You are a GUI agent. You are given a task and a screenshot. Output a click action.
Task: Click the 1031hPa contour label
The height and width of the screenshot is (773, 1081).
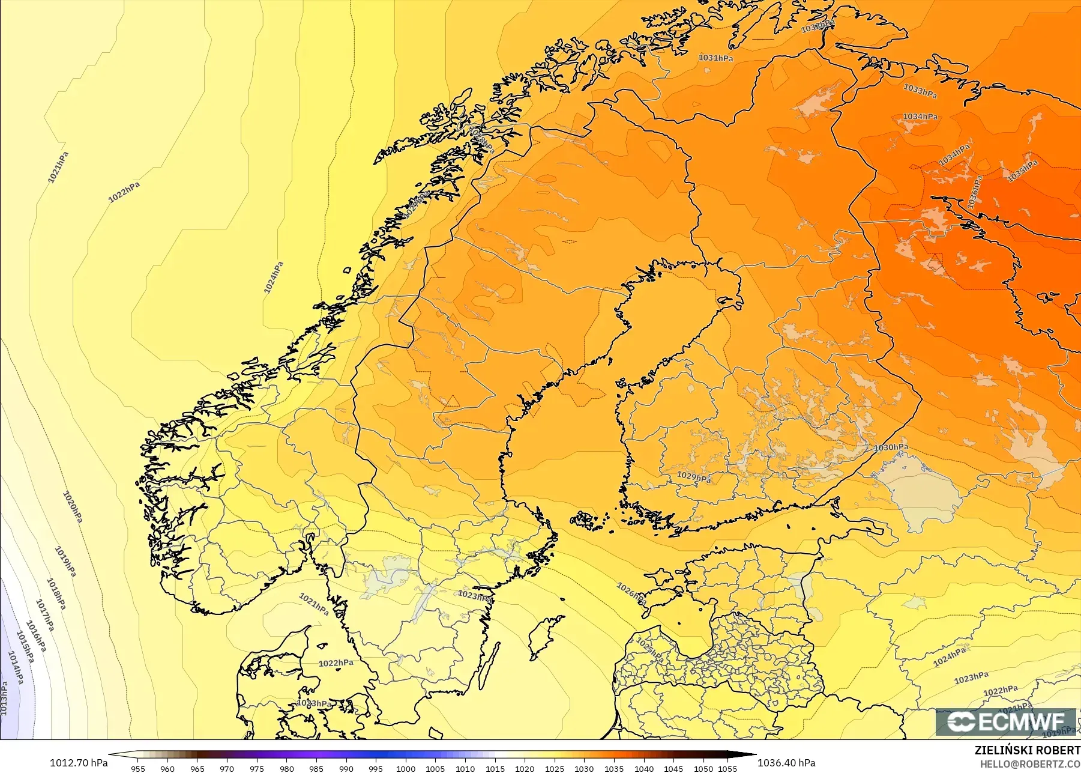[x=715, y=58]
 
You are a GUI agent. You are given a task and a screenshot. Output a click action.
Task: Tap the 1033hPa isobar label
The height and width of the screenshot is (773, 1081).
[x=920, y=91]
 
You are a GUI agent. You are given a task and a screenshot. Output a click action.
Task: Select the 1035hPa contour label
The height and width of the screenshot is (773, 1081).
[x=1022, y=170]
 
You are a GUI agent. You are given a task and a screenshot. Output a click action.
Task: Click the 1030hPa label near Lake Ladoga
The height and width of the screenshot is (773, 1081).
[x=891, y=447]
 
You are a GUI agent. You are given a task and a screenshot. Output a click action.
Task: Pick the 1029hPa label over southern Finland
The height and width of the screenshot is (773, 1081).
[x=694, y=477]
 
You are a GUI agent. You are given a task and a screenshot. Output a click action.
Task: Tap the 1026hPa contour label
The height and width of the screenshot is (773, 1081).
[x=631, y=593]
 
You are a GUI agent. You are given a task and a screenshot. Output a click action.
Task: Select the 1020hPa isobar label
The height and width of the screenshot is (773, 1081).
[x=73, y=507]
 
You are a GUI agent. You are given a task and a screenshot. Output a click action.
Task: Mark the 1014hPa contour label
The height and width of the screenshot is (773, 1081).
[x=16, y=667]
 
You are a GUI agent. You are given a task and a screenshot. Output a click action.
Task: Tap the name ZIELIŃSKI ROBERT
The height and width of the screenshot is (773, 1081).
[x=1027, y=750]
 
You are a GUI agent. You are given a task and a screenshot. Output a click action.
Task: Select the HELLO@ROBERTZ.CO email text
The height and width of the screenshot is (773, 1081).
[x=1027, y=764]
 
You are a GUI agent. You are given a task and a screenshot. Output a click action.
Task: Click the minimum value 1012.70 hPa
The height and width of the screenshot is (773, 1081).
[x=79, y=763]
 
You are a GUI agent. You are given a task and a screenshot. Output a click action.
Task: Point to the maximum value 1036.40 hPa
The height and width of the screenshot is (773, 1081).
[x=786, y=763]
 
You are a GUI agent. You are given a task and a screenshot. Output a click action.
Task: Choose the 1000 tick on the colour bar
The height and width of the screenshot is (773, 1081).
[x=406, y=768]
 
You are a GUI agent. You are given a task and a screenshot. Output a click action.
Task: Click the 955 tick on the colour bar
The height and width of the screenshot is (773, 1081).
[x=138, y=768]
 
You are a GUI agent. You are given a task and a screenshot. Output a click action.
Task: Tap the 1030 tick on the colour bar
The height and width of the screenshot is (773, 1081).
[x=584, y=768]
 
